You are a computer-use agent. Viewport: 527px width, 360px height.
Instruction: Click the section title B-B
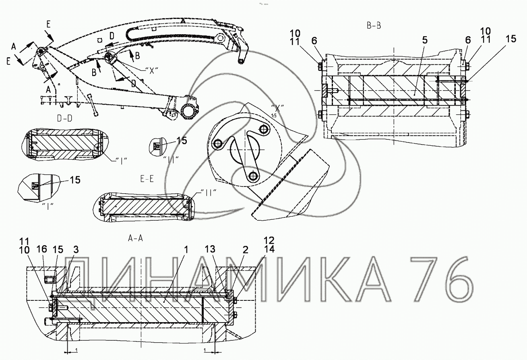coord(374,25)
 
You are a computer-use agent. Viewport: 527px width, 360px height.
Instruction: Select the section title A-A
coord(135,238)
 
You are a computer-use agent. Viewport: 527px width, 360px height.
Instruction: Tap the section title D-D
coord(65,118)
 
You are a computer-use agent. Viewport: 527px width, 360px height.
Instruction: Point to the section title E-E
coord(147,179)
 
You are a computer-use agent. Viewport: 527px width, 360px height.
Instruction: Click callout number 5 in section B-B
coord(425,40)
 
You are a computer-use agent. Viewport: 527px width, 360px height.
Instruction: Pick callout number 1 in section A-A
coord(186,250)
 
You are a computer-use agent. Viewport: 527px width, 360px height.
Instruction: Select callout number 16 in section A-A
coord(42,249)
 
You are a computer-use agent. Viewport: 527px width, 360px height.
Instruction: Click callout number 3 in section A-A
coord(76,250)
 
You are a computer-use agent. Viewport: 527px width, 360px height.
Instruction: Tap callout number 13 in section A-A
coord(210,249)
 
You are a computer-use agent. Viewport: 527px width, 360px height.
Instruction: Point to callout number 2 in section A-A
coord(246,250)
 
